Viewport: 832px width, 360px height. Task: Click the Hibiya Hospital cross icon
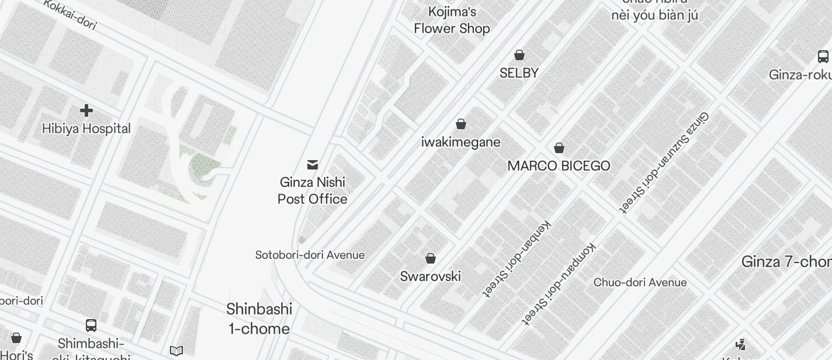(86, 110)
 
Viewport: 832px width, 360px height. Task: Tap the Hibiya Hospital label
(86, 129)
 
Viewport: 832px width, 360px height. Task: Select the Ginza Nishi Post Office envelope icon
(313, 165)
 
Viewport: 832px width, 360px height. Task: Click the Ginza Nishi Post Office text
(313, 191)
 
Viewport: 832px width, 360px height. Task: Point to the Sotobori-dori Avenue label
(310, 255)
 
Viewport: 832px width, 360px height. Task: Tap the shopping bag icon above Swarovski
(431, 258)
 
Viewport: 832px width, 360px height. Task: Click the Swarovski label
(431, 276)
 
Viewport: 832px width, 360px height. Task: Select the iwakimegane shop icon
(461, 124)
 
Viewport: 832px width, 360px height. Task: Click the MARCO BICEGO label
(559, 166)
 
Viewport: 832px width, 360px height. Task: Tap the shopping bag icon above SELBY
(519, 55)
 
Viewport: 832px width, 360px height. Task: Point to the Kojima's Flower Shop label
(452, 20)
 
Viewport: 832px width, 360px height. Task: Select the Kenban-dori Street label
(517, 258)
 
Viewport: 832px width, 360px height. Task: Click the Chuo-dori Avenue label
(640, 282)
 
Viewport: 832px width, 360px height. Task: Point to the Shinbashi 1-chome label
(259, 319)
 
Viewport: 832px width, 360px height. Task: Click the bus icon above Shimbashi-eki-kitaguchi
(91, 326)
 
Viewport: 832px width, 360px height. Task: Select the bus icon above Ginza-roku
(823, 57)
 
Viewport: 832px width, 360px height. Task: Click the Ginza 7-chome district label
(786, 262)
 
